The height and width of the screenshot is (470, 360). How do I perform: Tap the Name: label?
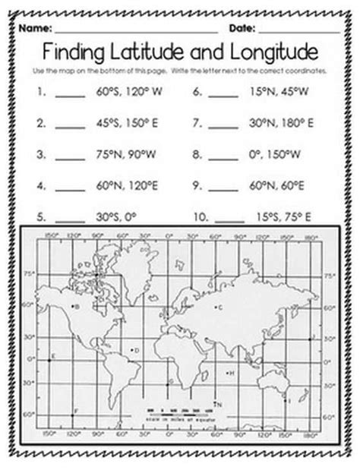[x=36, y=28]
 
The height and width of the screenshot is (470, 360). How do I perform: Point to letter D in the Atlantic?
[x=134, y=350]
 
